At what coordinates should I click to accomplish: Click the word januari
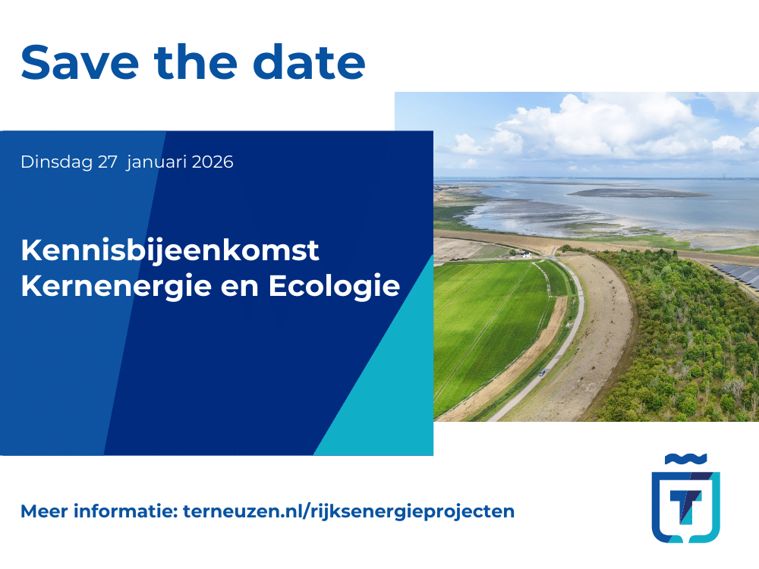click(x=154, y=162)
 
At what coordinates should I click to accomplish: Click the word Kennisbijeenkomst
click(x=170, y=250)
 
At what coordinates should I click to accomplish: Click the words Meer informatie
click(x=99, y=511)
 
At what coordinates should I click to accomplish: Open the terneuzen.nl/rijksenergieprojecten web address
click(x=348, y=511)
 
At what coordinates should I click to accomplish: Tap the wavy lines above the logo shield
click(x=686, y=458)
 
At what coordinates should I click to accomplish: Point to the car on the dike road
click(x=542, y=373)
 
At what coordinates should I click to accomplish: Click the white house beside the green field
click(x=524, y=254)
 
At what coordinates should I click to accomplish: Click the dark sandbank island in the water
click(x=638, y=193)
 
